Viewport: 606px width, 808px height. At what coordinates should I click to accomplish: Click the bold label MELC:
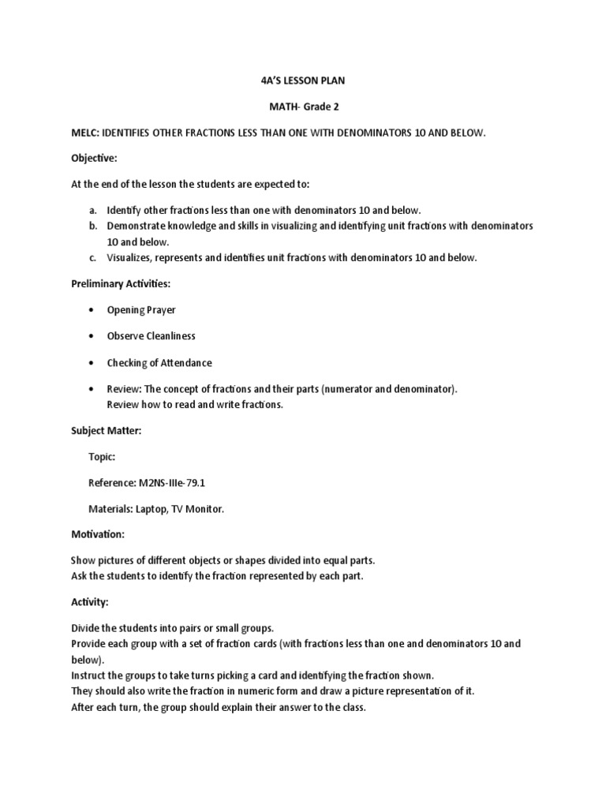point(86,133)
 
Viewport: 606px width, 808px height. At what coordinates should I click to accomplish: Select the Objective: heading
point(94,159)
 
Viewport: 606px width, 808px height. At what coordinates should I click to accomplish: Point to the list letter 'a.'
point(92,211)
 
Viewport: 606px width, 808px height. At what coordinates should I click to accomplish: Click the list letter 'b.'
point(92,226)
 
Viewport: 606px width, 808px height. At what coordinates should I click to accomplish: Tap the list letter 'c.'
point(92,257)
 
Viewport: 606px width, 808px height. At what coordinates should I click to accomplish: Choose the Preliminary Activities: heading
point(120,283)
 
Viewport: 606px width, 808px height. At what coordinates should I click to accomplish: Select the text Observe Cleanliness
point(151,336)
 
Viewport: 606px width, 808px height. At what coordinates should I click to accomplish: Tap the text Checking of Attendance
point(159,363)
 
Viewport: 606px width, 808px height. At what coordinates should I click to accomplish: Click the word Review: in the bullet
point(125,389)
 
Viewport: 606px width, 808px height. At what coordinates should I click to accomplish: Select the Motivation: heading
point(98,534)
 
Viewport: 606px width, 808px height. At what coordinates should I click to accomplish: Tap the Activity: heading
point(89,602)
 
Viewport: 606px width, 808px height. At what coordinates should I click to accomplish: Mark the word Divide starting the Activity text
point(87,628)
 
